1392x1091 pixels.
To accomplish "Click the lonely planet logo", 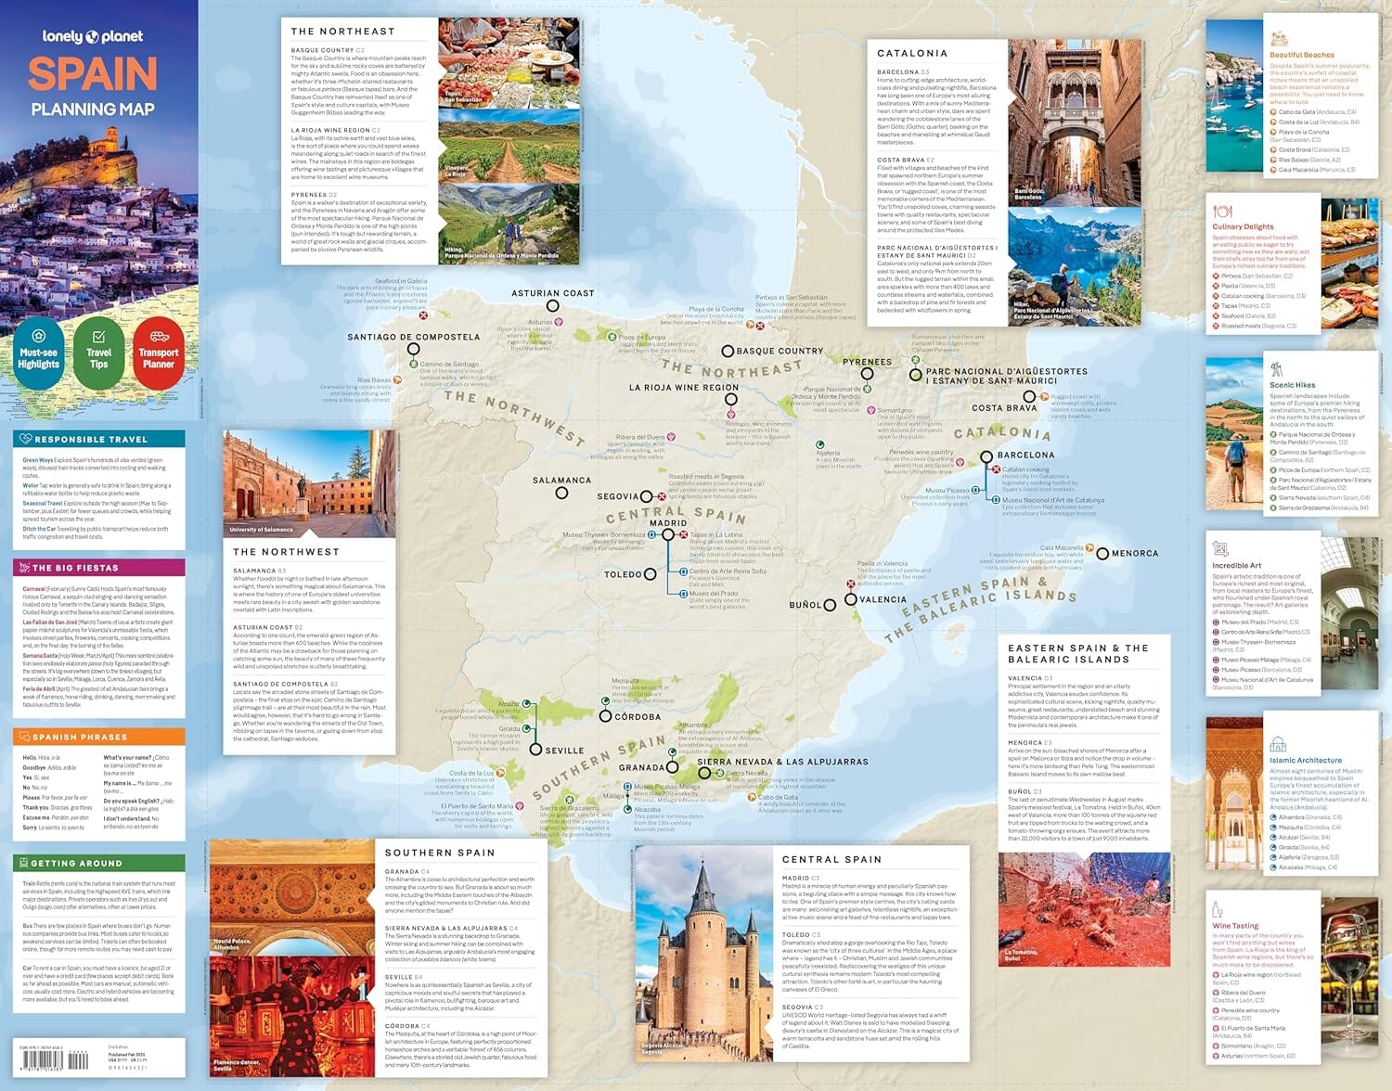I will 93,37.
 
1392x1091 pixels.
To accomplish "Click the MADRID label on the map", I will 668,523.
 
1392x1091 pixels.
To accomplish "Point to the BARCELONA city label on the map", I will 1025,456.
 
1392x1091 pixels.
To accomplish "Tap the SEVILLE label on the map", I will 564,751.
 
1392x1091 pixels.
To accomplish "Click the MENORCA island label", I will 1134,554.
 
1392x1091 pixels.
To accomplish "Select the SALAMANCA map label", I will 561,481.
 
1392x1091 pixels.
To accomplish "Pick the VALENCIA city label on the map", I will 883,599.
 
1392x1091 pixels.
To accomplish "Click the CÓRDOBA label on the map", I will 638,717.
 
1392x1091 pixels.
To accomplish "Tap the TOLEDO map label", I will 623,574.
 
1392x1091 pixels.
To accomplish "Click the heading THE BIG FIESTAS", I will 75,568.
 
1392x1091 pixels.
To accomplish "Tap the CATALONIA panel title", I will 912,54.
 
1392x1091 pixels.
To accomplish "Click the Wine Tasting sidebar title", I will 1235,926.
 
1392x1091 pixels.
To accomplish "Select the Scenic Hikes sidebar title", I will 1292,385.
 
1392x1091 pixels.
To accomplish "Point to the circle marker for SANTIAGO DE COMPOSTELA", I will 413,350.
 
